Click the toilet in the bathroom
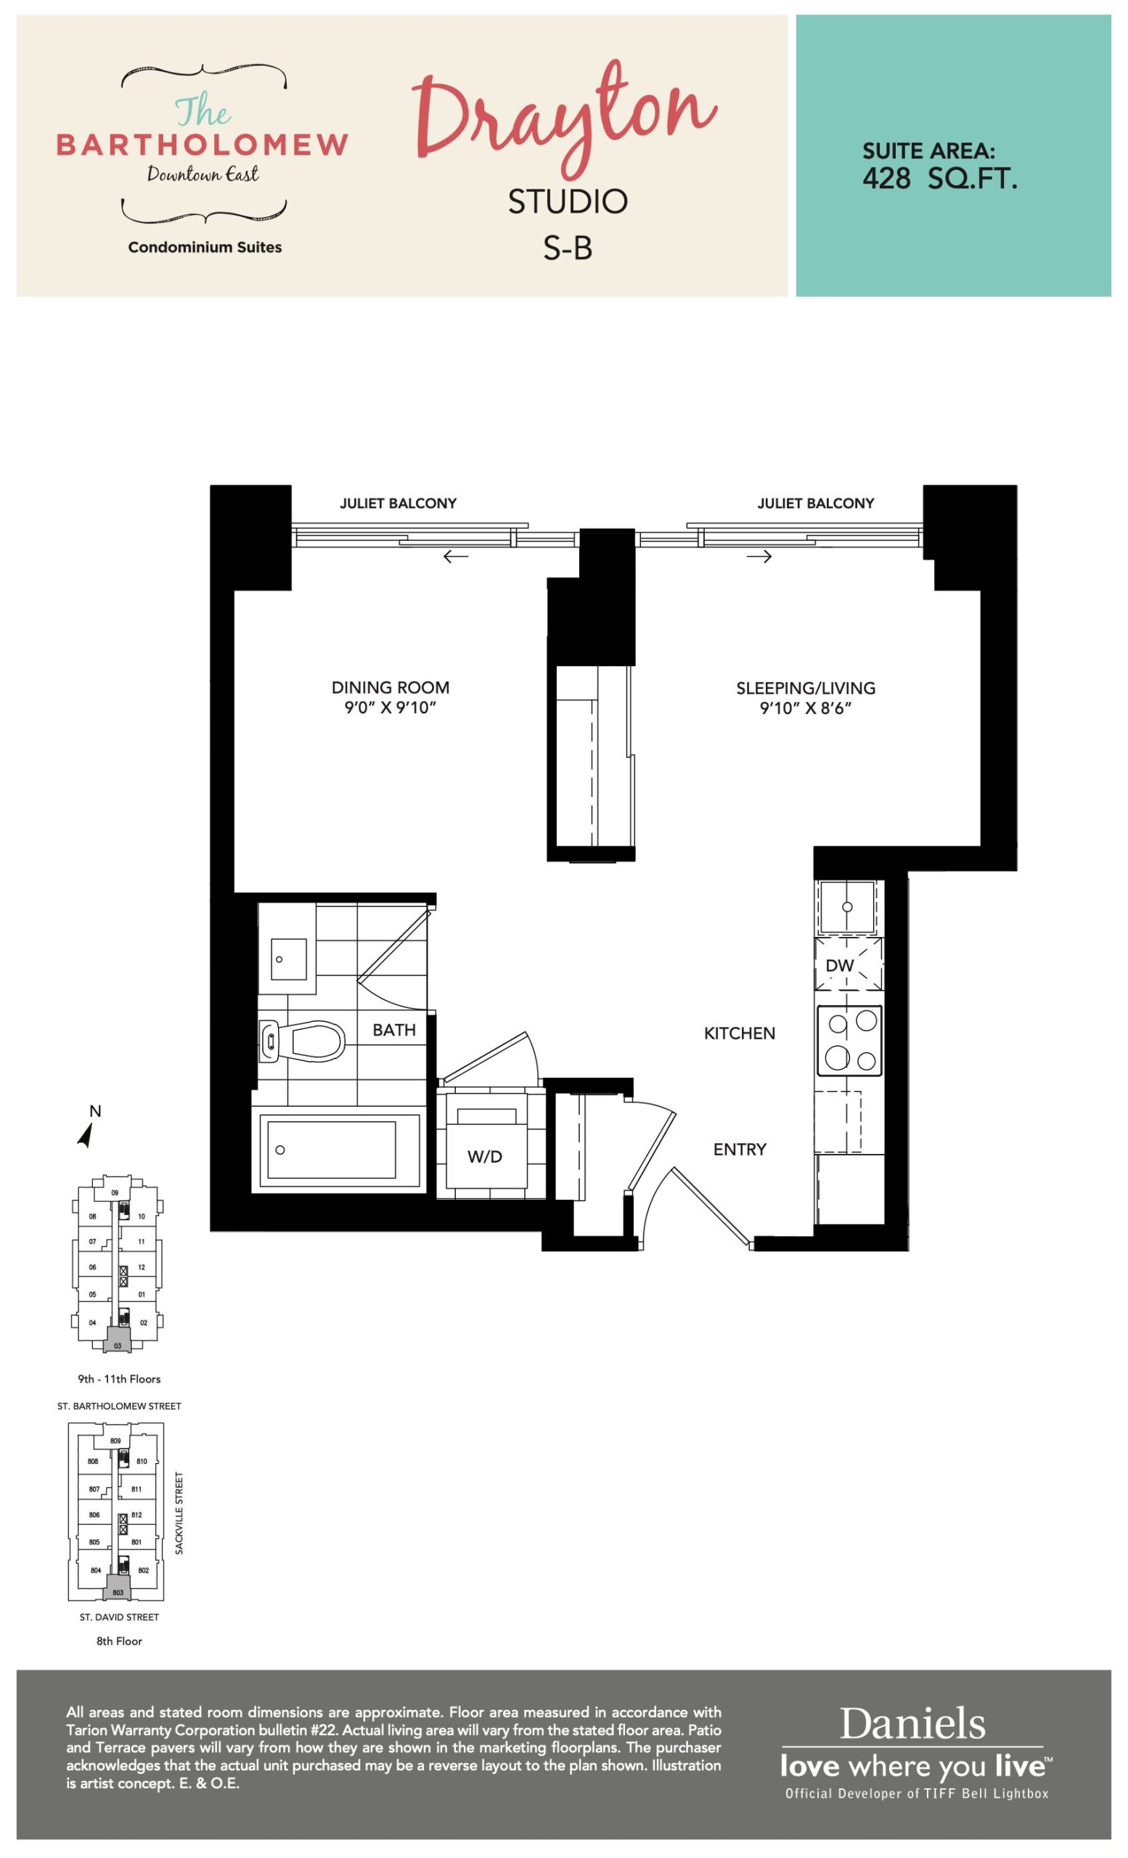pyautogui.click(x=302, y=1041)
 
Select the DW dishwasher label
pyautogui.click(x=839, y=965)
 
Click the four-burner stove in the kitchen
pyautogui.click(x=850, y=1041)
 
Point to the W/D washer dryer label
pyautogui.click(x=484, y=1156)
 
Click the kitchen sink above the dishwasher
pyautogui.click(x=848, y=906)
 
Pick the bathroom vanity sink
pyautogui.click(x=288, y=959)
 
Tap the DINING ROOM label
pyautogui.click(x=391, y=688)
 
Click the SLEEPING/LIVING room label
pyautogui.click(x=805, y=688)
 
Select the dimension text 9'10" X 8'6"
pyautogui.click(x=805, y=708)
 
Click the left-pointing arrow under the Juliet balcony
pyautogui.click(x=455, y=557)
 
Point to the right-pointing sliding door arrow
pyautogui.click(x=759, y=557)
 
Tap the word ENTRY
pyautogui.click(x=740, y=1149)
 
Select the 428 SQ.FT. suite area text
pyautogui.click(x=939, y=179)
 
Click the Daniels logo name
pyautogui.click(x=912, y=1724)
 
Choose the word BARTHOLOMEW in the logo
pyautogui.click(x=202, y=144)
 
